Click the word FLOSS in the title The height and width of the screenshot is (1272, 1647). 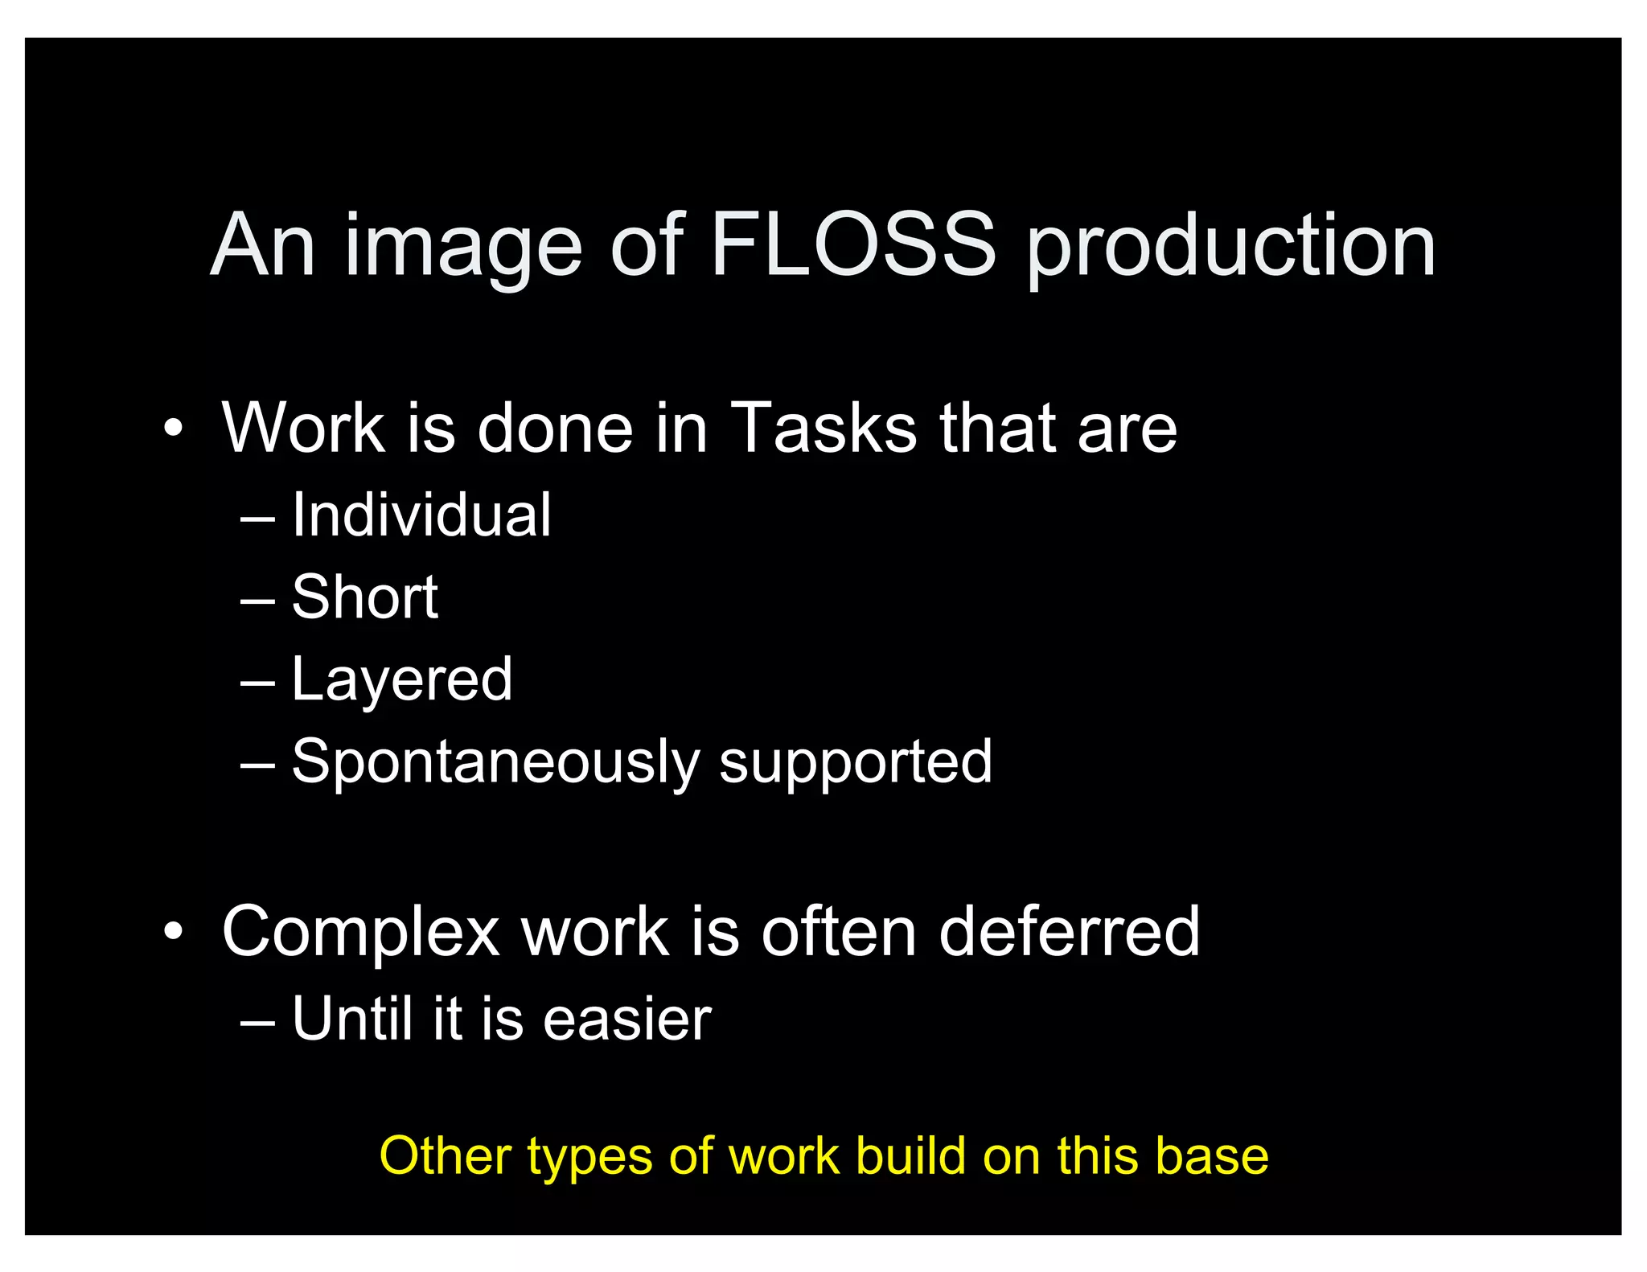tap(852, 244)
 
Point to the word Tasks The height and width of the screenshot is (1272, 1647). tap(823, 428)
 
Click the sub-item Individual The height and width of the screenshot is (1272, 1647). tap(421, 515)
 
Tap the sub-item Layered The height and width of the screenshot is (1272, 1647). tap(401, 680)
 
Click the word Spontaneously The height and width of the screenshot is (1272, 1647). tap(495, 762)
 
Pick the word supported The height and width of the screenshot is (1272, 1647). tap(855, 762)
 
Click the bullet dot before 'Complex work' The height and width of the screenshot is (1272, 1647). tap(173, 931)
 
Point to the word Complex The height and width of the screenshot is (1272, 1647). tap(361, 933)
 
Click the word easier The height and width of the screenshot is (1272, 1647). tap(627, 1019)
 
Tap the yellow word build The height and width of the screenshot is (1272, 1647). tap(910, 1155)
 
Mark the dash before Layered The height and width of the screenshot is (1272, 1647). tap(257, 682)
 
